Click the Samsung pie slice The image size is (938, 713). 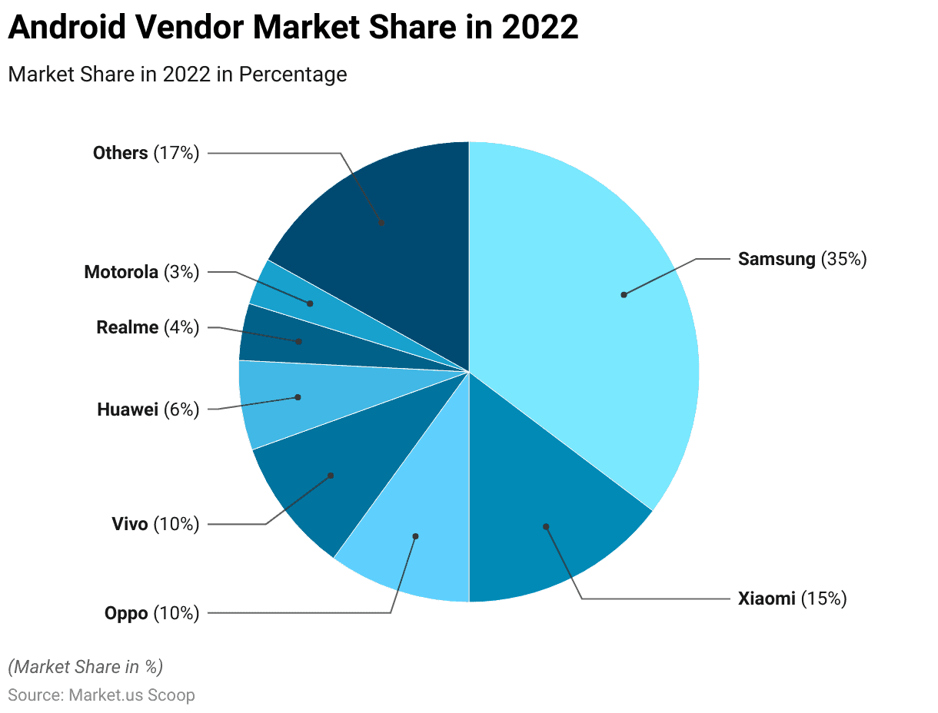pyautogui.click(x=600, y=307)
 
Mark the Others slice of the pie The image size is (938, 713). pyautogui.click(x=384, y=223)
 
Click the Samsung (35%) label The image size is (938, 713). pyautogui.click(x=802, y=259)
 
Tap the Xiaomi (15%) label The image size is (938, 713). pyautogui.click(x=792, y=599)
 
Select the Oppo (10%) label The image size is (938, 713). pyautogui.click(x=151, y=613)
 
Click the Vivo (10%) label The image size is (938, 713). pyautogui.click(x=155, y=525)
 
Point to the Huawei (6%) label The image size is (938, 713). pyautogui.click(x=148, y=410)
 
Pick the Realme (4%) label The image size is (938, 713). pyautogui.click(x=148, y=327)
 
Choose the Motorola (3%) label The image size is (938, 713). pyautogui.click(x=141, y=271)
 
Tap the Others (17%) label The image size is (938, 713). pyautogui.click(x=146, y=153)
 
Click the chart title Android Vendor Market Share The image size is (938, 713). pyautogui.click(x=292, y=28)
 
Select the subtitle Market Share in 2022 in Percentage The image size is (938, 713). pyautogui.click(x=177, y=75)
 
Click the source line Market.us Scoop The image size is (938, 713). pyautogui.click(x=101, y=695)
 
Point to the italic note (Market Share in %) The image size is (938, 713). pyautogui.click(x=85, y=666)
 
